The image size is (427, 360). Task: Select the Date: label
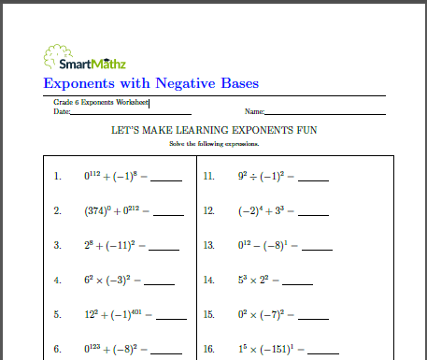tap(62, 112)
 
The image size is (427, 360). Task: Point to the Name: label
tap(255, 112)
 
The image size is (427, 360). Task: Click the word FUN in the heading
tap(305, 133)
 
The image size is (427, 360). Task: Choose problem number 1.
tap(58, 176)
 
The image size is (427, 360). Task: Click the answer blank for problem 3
tap(164, 248)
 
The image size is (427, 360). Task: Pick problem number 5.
tap(58, 315)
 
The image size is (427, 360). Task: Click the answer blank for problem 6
tap(162, 353)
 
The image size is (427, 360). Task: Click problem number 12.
tap(209, 210)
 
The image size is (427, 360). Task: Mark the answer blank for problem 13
tap(318, 248)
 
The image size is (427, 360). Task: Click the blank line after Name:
tap(326, 113)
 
